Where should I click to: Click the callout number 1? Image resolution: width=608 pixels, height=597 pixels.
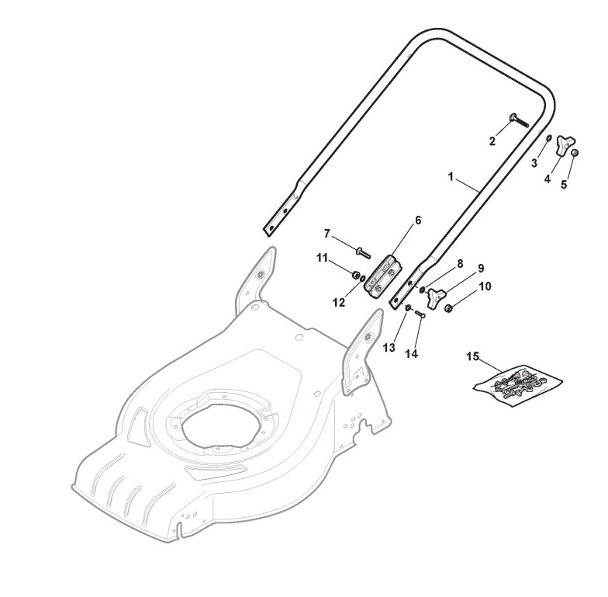[x=451, y=177]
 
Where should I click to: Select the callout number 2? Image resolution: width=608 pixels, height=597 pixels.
[x=492, y=141]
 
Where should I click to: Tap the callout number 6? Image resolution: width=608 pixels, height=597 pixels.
[x=418, y=220]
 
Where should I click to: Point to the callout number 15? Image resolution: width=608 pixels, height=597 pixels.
[x=473, y=356]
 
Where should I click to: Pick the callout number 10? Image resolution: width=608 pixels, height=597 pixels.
[x=485, y=286]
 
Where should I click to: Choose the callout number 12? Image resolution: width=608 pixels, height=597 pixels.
[x=339, y=303]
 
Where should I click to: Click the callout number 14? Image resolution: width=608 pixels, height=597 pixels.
[x=411, y=354]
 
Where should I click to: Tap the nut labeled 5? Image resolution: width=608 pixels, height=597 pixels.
[x=575, y=153]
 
